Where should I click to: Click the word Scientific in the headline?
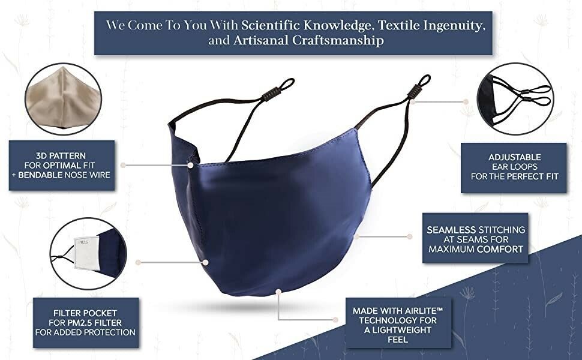pos(271,25)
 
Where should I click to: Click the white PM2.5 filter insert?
pos(87,253)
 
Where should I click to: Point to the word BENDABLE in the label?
pos(40,175)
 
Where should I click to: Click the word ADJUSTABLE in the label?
pos(514,157)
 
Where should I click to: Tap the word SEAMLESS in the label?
pos(451,230)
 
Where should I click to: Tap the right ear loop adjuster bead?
pos(415,90)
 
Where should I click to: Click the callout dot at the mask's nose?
pos(190,165)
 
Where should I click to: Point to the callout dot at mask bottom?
pos(278,292)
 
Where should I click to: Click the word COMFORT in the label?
pos(500,249)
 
